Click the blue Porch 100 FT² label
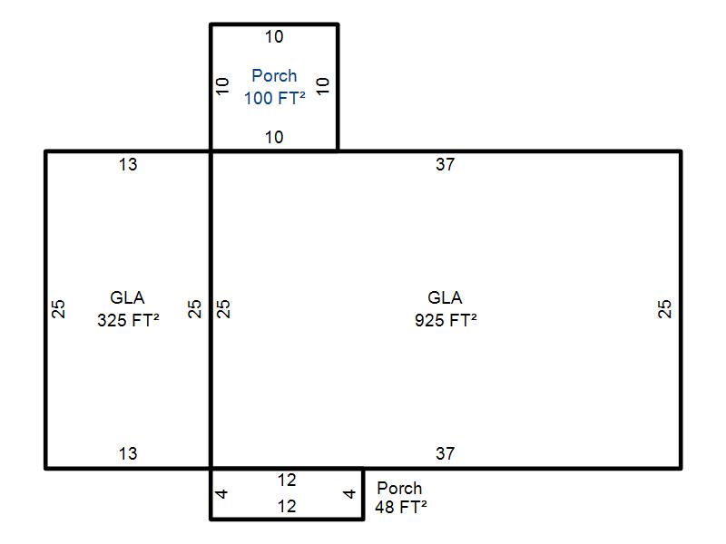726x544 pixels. point(274,87)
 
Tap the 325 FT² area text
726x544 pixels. point(128,319)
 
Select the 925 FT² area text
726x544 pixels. point(445,319)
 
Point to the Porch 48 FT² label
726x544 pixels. point(400,498)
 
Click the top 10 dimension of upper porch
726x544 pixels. point(274,37)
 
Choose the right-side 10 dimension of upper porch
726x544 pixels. point(324,87)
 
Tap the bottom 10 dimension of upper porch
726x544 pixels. point(274,138)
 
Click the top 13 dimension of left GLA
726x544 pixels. point(128,164)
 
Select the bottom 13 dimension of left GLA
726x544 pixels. point(128,453)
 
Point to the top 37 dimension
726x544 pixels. point(445,164)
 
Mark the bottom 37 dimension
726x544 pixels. point(445,453)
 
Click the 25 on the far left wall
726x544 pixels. point(59,308)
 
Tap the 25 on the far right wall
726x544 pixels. point(666,308)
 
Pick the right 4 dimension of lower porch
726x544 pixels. point(350,494)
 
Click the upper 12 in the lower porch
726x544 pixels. point(287,481)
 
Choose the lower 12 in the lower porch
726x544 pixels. point(287,507)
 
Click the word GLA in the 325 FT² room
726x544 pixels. point(128,297)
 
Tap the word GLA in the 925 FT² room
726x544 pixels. point(445,297)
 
